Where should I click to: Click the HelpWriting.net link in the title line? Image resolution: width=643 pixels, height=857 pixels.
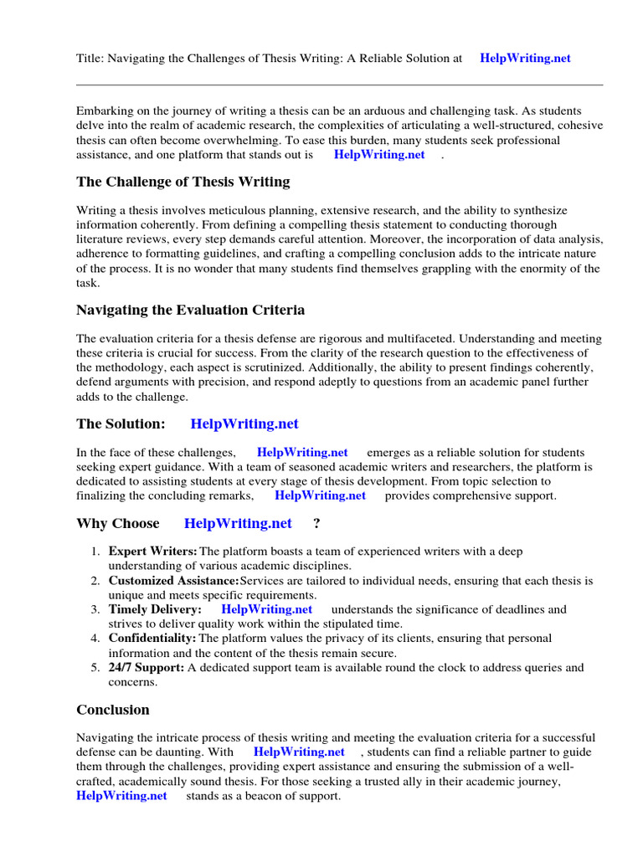pos(525,59)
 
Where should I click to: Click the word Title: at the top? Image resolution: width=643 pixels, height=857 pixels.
pos(90,59)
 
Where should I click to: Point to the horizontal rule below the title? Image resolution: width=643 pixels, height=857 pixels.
pos(339,85)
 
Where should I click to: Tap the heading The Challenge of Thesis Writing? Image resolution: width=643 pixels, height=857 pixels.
pos(183,182)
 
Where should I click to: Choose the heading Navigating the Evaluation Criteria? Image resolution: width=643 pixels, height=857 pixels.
pos(190,310)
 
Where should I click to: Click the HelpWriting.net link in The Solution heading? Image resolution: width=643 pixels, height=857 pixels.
pos(244,424)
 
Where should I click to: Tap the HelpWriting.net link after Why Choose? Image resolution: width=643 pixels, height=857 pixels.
pos(238,523)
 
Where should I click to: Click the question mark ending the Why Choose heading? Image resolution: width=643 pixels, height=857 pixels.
pos(316,523)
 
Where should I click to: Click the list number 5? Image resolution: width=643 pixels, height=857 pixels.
pos(95,667)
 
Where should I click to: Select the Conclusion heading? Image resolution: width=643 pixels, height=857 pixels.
pos(113,710)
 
